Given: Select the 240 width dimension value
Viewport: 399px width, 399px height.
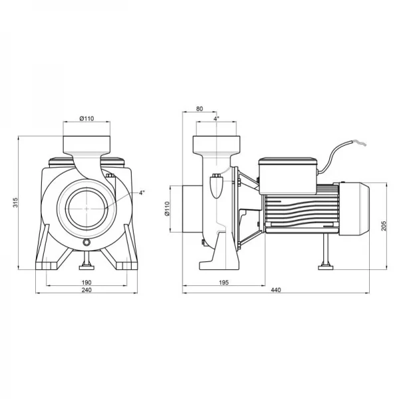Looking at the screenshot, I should (x=86, y=291).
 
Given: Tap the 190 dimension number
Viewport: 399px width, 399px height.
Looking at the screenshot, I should (x=86, y=282).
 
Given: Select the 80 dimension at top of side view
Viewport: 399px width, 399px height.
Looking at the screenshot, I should (x=201, y=110).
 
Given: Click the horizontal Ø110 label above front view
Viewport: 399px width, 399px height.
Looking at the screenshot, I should (x=86, y=118).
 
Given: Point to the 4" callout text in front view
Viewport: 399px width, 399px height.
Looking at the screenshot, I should (x=142, y=193).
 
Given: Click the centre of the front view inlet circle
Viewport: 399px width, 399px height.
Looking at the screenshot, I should (x=86, y=208).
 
